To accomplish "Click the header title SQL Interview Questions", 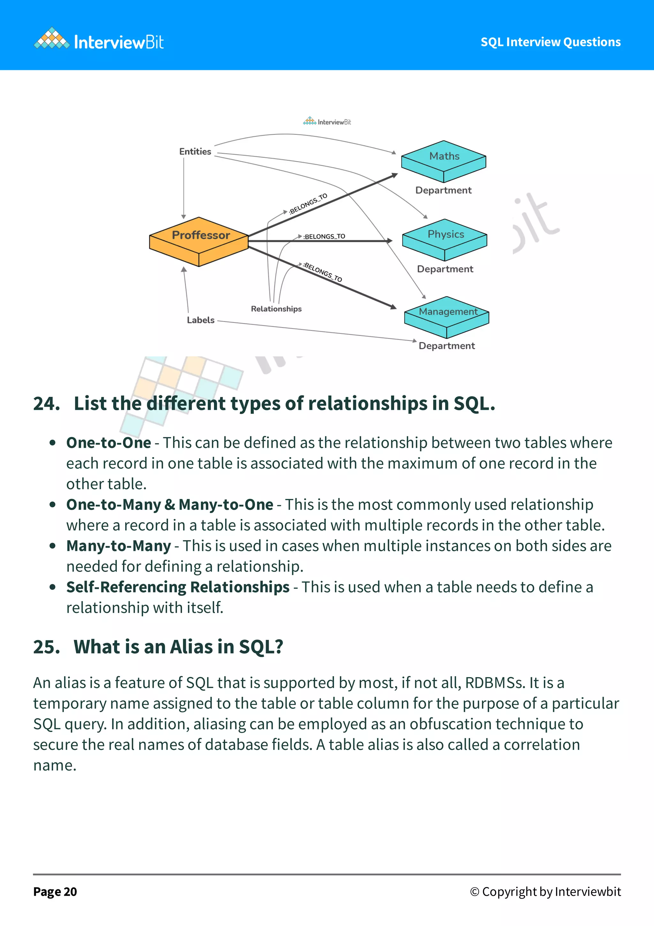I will point(550,42).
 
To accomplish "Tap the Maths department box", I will point(444,160).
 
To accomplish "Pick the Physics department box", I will point(445,239).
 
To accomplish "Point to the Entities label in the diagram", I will point(195,152).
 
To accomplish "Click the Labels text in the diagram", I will point(201,320).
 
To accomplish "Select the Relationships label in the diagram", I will point(276,309).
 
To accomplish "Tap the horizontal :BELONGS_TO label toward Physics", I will point(324,236).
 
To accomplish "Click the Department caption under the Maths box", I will point(443,190).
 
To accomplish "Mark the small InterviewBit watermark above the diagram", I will point(327,122).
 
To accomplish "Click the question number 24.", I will point(46,404).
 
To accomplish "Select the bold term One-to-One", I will point(109,443).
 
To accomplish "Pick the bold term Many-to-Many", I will point(119,546).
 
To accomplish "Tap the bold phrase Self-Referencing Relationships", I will point(178,587).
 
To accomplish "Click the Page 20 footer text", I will point(55,892).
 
